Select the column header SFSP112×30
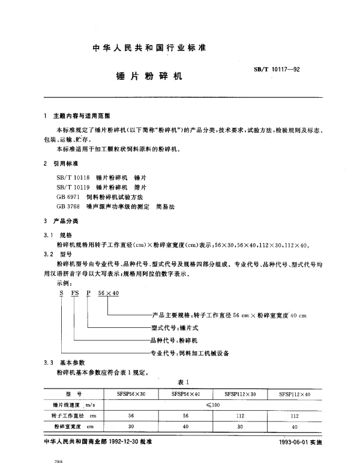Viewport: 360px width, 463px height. pos(240,394)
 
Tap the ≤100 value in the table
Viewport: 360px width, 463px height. pos(213,405)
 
